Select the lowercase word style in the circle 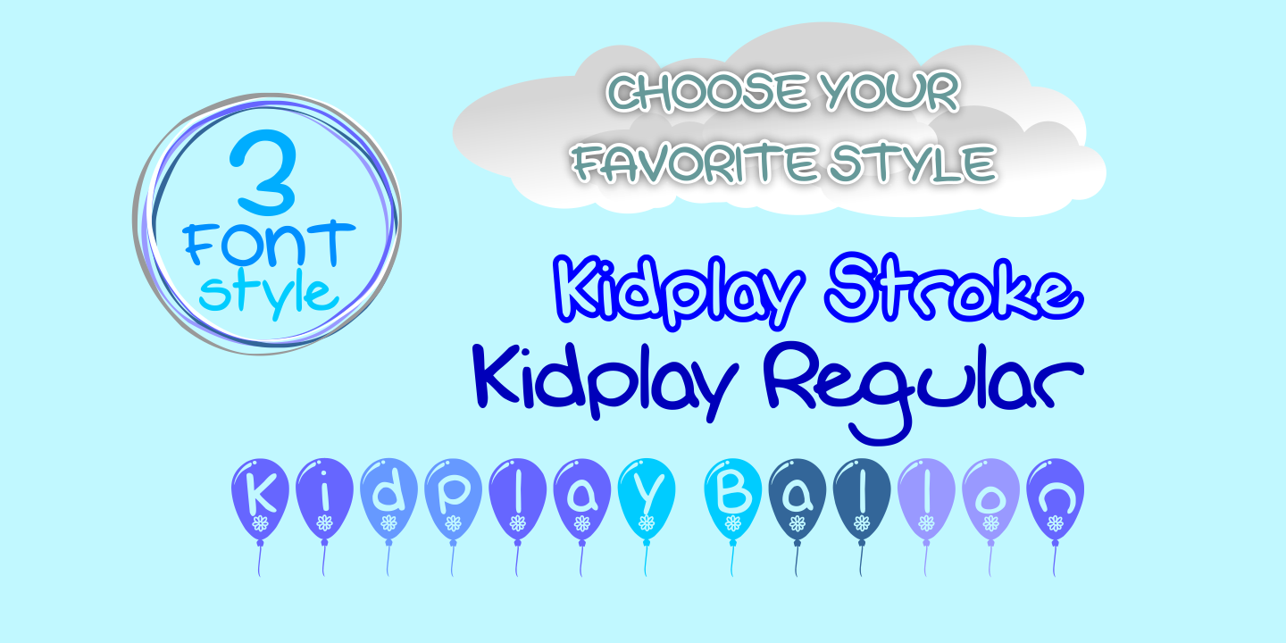coord(267,292)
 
